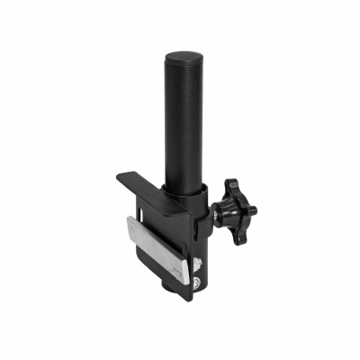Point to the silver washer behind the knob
[x=219, y=213]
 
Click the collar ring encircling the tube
[x=188, y=193]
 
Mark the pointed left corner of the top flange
[x=116, y=175]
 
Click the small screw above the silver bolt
[x=199, y=265]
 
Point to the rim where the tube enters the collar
[x=186, y=184]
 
